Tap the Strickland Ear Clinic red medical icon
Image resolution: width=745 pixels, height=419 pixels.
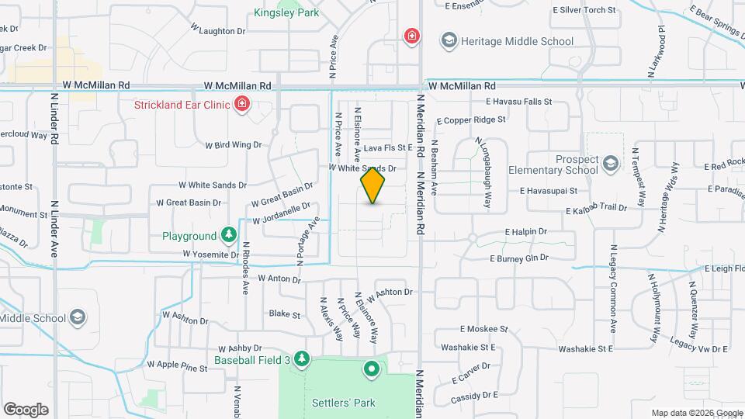pyautogui.click(x=242, y=103)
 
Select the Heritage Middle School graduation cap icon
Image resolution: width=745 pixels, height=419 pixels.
pyautogui.click(x=448, y=40)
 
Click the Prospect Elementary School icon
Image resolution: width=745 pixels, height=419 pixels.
pyautogui.click(x=611, y=162)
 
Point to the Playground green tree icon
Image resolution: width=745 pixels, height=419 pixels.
pyautogui.click(x=227, y=235)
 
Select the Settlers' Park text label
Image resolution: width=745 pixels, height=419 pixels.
pyautogui.click(x=344, y=403)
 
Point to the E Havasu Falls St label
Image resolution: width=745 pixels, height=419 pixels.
pyautogui.click(x=518, y=102)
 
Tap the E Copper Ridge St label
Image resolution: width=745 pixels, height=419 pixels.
pyautogui.click(x=471, y=120)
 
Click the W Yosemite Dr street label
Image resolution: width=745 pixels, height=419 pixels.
pyautogui.click(x=211, y=254)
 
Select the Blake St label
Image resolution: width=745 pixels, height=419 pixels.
pyautogui.click(x=284, y=314)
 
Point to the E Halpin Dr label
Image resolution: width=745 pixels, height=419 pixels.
pyautogui.click(x=526, y=231)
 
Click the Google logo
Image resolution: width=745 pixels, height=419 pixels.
pyautogui.click(x=26, y=410)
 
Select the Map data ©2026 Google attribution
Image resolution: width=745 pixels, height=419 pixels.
pyautogui.click(x=696, y=413)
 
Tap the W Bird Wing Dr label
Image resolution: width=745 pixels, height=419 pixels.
pyautogui.click(x=233, y=144)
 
